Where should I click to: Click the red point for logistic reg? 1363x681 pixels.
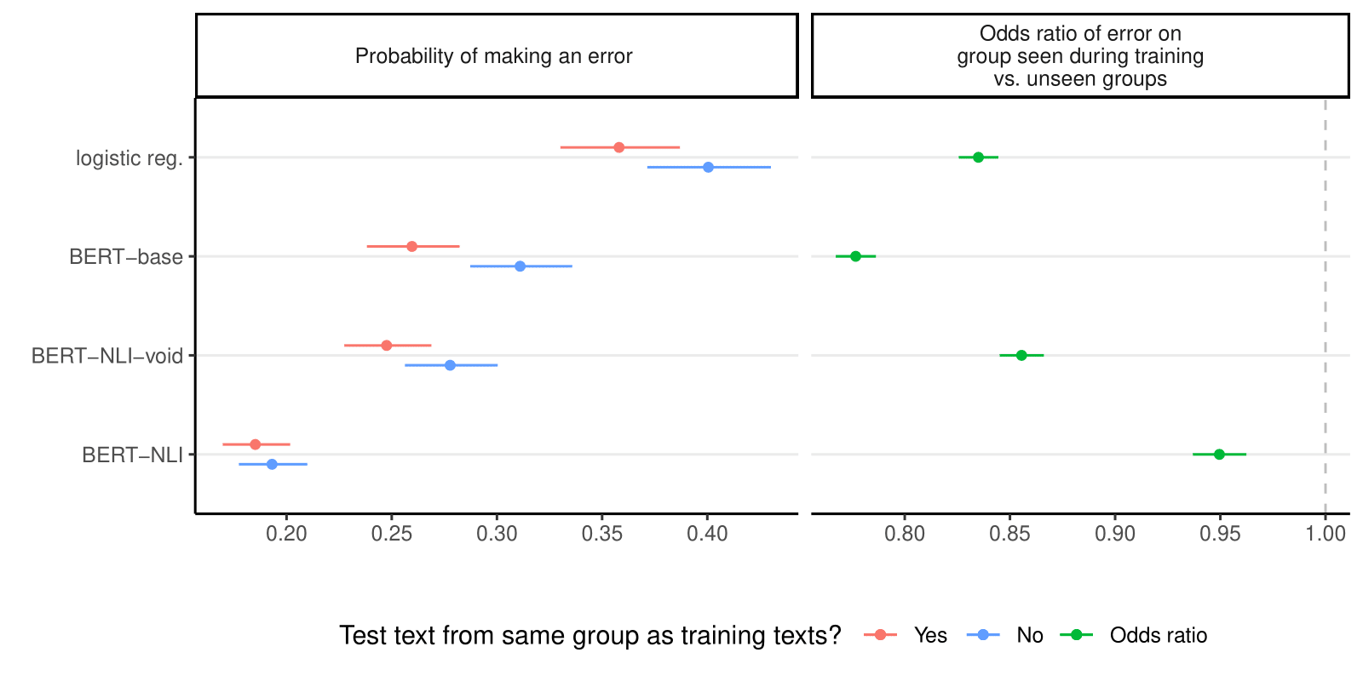coord(619,147)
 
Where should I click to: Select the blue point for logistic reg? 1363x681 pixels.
coord(708,167)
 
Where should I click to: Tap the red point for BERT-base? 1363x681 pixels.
coord(412,246)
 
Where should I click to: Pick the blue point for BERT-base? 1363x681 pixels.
coord(520,266)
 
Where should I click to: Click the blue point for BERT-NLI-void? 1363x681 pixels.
coord(450,365)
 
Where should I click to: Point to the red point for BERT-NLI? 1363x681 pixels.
coord(255,444)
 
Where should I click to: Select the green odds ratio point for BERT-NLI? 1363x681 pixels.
coord(1219,455)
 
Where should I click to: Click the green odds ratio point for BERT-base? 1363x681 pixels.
coord(856,256)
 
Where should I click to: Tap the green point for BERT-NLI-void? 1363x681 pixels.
coord(1021,355)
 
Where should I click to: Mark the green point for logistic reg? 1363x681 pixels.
coord(978,157)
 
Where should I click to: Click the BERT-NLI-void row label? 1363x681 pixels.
coord(107,356)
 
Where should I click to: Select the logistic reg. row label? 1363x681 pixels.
coord(129,158)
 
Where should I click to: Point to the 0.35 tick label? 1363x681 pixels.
coord(602,535)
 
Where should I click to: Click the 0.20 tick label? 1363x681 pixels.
coord(286,535)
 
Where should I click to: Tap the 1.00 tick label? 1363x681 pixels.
coord(1326,535)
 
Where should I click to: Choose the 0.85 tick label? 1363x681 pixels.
coord(1009,535)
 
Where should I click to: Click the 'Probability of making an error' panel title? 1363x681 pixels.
coord(494,56)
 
